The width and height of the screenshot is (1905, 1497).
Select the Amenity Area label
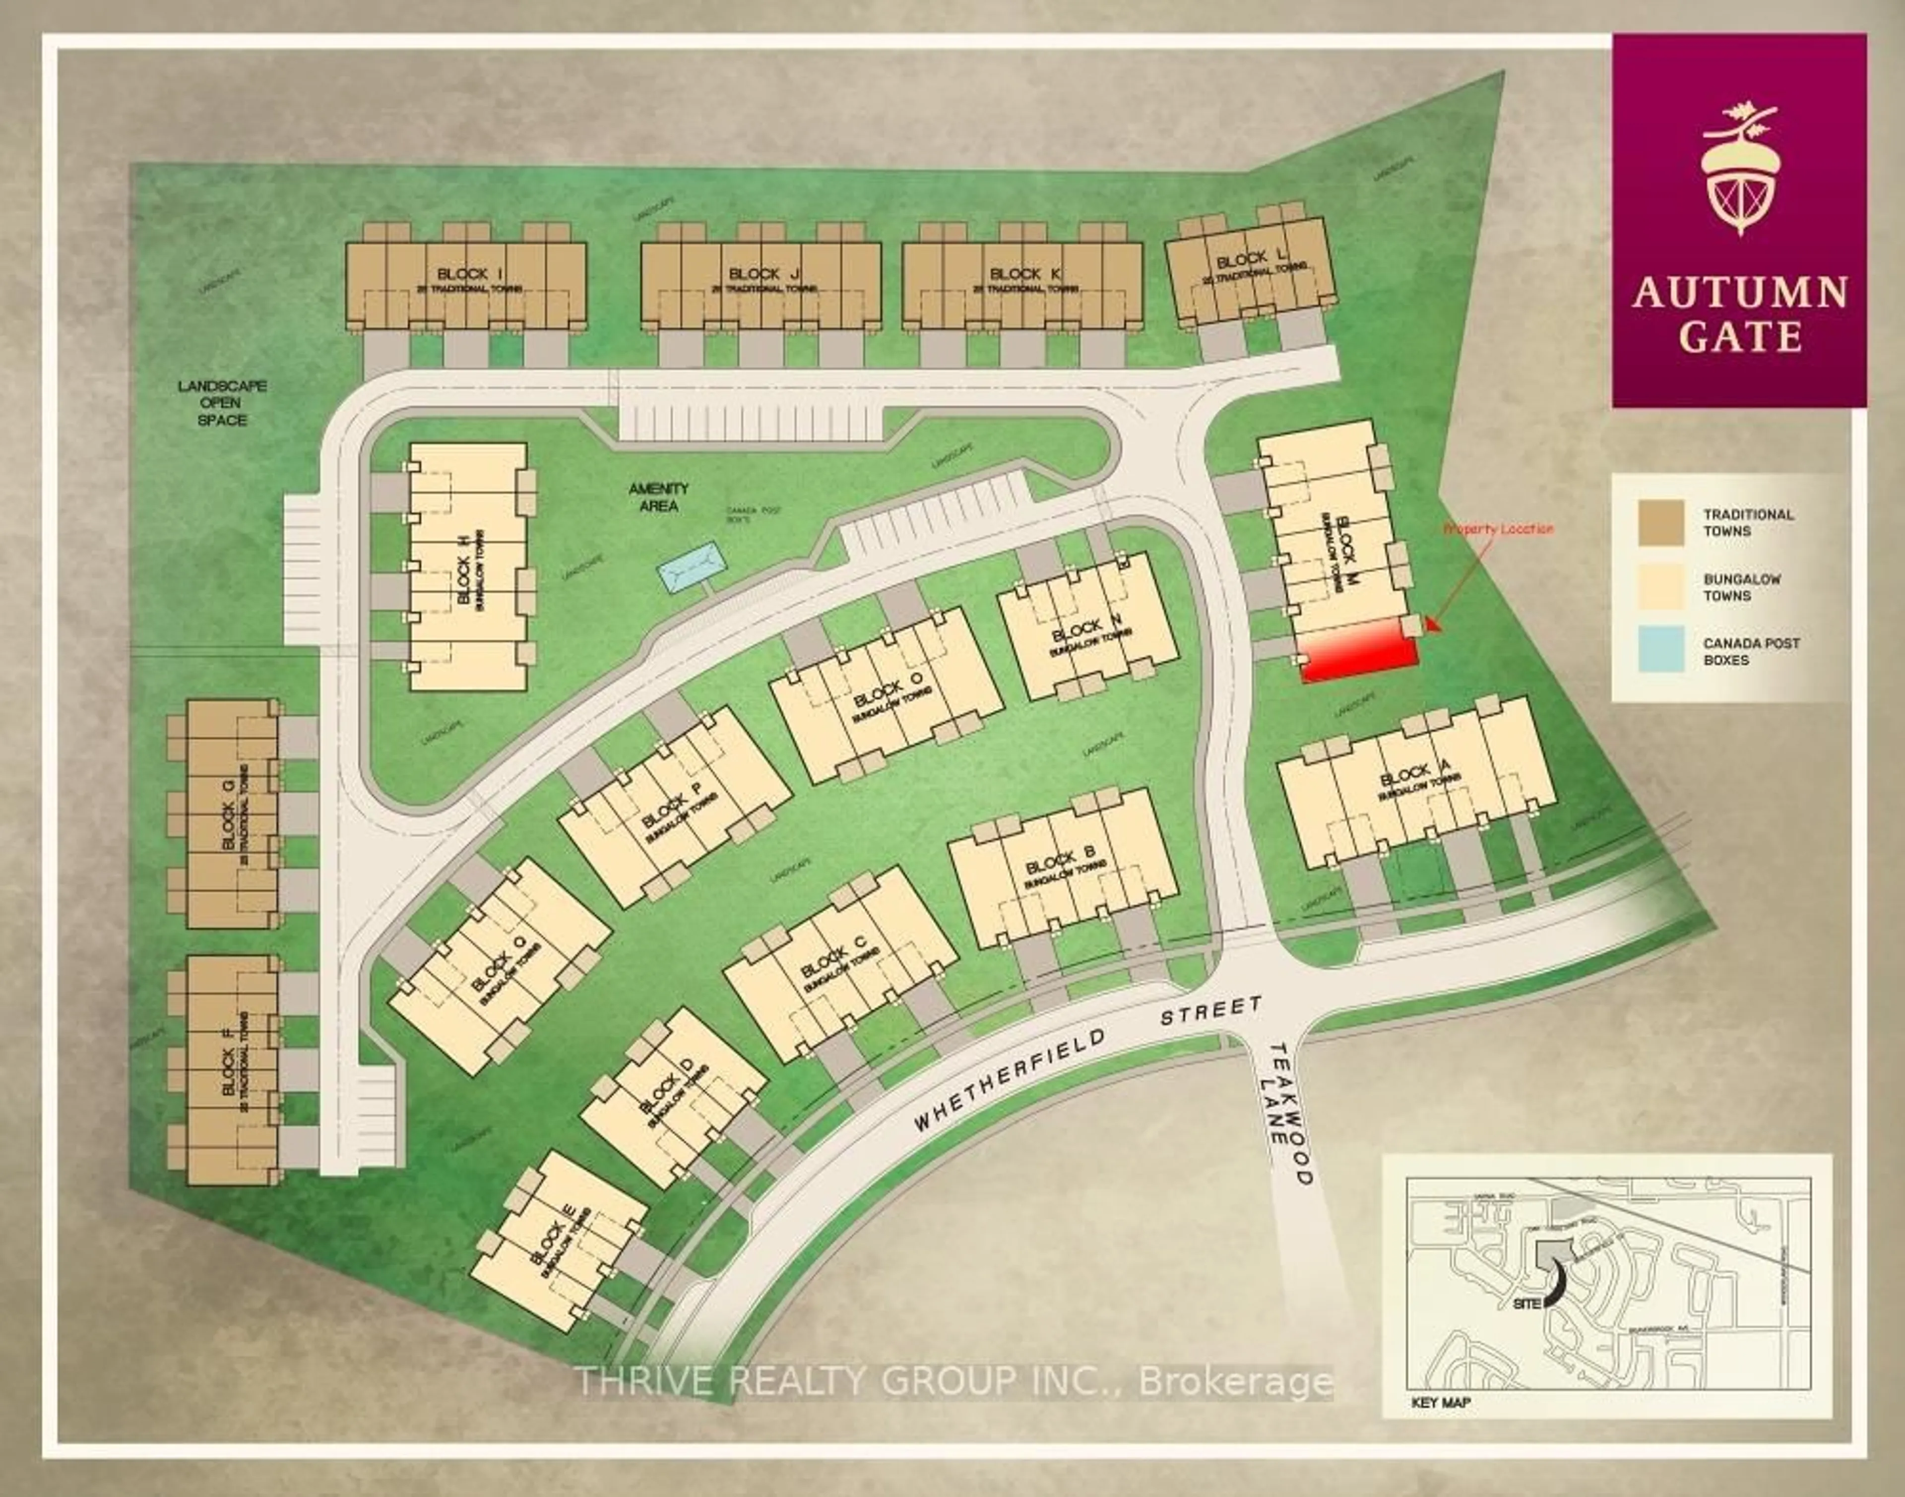658,497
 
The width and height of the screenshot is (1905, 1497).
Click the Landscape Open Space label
223,402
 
